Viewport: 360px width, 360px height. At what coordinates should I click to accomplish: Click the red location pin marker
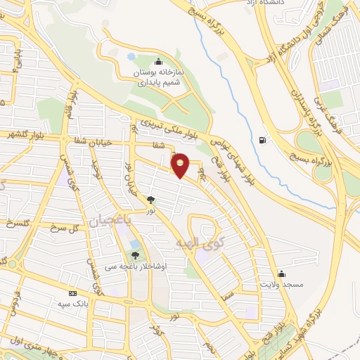tap(181, 165)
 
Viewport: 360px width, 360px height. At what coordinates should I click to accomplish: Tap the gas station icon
tap(262, 139)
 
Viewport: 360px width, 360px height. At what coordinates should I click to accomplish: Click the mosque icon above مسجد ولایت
tap(281, 273)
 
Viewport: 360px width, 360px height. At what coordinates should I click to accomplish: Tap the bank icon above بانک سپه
tap(72, 292)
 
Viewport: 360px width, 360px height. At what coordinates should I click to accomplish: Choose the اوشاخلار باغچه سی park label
tap(141, 266)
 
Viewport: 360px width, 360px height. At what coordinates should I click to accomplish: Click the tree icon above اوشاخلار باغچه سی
tap(135, 255)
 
